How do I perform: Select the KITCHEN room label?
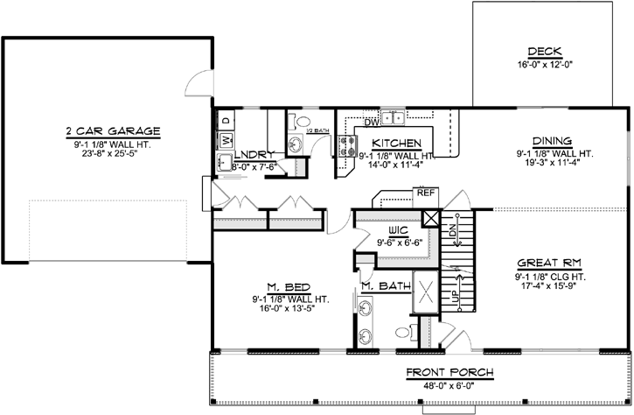pos(398,143)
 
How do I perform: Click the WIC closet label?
pos(400,230)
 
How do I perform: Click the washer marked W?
pos(225,139)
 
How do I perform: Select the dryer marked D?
pos(225,119)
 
